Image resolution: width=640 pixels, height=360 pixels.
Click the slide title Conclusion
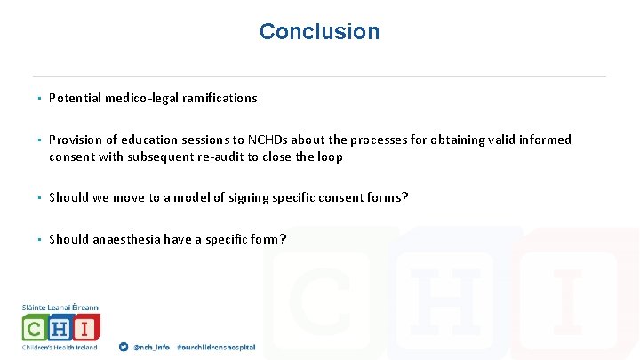319,32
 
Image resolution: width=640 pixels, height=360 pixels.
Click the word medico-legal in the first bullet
145,99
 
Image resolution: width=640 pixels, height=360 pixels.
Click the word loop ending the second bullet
329,156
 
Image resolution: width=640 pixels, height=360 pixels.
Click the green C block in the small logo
36,328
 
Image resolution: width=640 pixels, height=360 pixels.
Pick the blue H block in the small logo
60,328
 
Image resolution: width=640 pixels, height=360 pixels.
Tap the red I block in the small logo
85,328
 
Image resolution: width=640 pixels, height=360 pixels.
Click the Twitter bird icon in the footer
124,347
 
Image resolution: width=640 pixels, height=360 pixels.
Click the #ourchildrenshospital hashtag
216,347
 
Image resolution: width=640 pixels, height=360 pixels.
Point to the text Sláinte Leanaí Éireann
60,308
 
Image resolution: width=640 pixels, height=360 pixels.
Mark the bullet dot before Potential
40,99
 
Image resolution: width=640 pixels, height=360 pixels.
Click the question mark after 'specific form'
283,239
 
